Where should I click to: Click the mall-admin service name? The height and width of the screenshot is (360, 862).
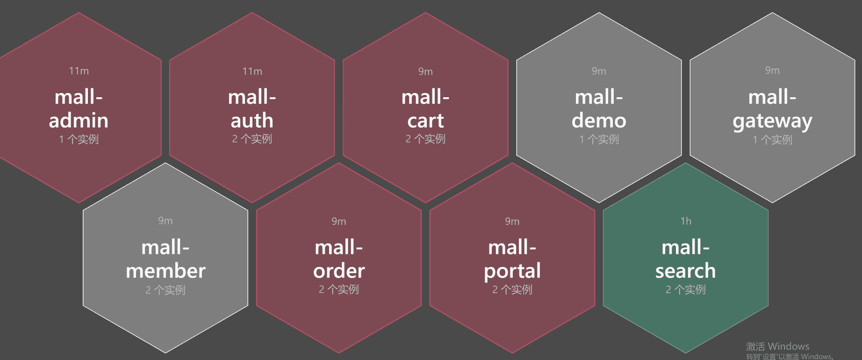[79, 109]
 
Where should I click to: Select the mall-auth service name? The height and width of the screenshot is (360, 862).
[252, 109]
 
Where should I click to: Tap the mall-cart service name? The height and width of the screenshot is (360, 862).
[425, 109]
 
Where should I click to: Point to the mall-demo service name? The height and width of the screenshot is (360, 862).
[599, 109]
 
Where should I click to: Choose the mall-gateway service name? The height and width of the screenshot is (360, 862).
[772, 109]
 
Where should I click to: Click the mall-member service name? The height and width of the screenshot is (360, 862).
[165, 259]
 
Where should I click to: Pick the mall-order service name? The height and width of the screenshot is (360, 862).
[339, 259]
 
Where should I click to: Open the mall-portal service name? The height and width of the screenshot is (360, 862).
[512, 259]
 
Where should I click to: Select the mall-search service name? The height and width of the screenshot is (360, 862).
[685, 259]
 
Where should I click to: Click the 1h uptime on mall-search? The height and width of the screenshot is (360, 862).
[686, 221]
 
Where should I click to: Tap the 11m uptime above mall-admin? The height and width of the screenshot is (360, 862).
[79, 71]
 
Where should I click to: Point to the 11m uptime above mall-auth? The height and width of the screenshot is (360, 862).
[252, 72]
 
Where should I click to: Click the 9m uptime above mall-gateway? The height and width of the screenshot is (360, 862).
[772, 71]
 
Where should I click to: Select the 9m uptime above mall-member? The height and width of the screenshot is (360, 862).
[165, 221]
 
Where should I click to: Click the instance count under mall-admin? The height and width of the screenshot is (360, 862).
[79, 139]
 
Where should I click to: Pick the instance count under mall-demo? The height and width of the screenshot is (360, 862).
[599, 139]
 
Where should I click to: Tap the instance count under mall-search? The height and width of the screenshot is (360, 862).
[686, 289]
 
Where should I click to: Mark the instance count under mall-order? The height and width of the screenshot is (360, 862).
[339, 289]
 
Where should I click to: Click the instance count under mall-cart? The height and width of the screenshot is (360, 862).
[425, 139]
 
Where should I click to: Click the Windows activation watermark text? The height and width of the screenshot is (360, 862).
[778, 346]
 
